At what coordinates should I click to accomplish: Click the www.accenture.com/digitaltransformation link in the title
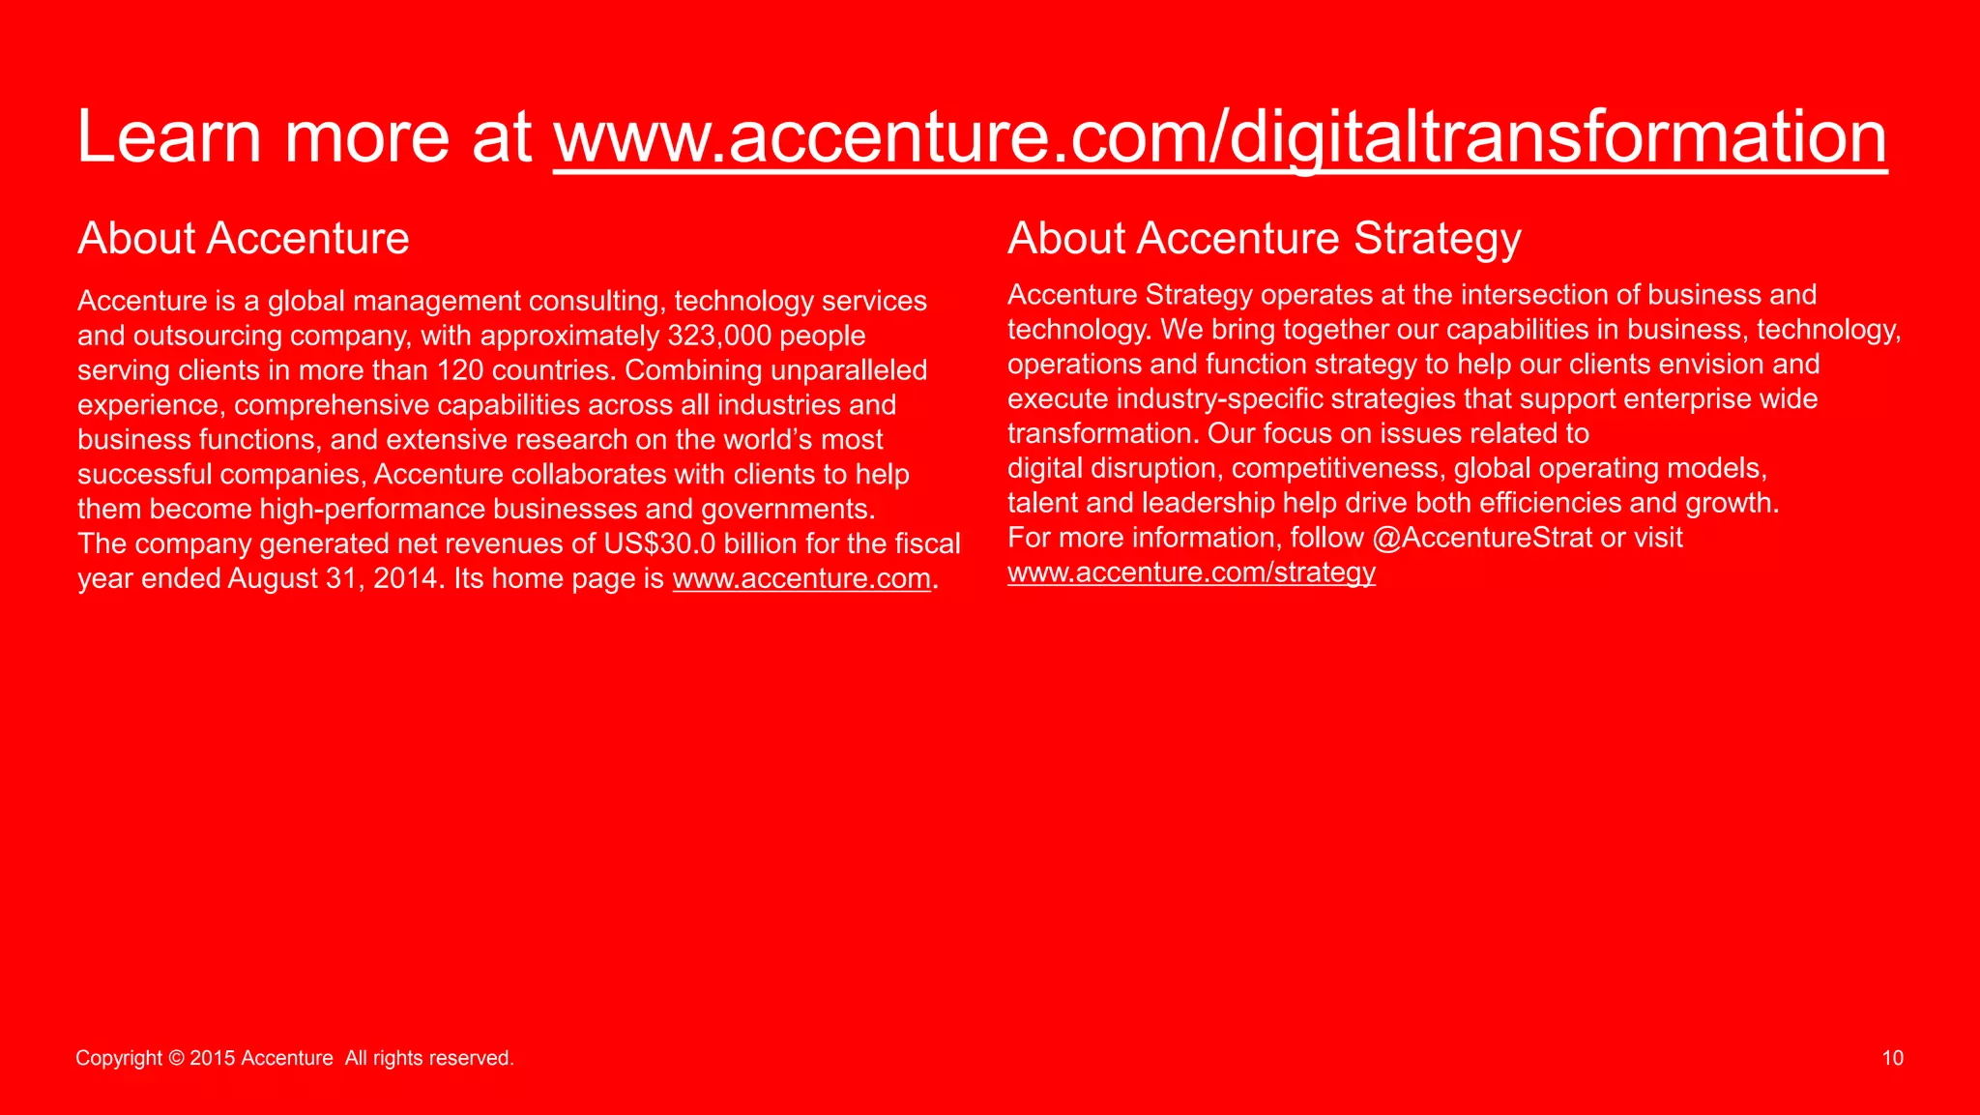pos(1220,137)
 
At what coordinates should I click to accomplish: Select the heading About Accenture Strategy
pos(1265,239)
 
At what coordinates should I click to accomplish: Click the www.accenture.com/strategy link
pos(1191,572)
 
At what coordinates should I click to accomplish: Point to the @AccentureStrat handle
pos(1481,538)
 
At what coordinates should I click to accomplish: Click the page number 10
pos(1892,1058)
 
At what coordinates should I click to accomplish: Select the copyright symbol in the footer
pos(176,1058)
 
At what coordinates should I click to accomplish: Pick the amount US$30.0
pos(660,543)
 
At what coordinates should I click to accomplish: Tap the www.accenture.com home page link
pos(801,578)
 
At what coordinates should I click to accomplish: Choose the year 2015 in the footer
pos(213,1058)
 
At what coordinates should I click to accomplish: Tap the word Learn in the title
pos(168,137)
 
